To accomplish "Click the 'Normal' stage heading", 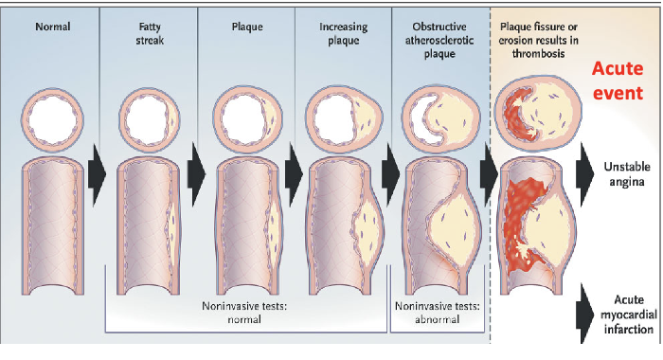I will click(52, 26).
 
